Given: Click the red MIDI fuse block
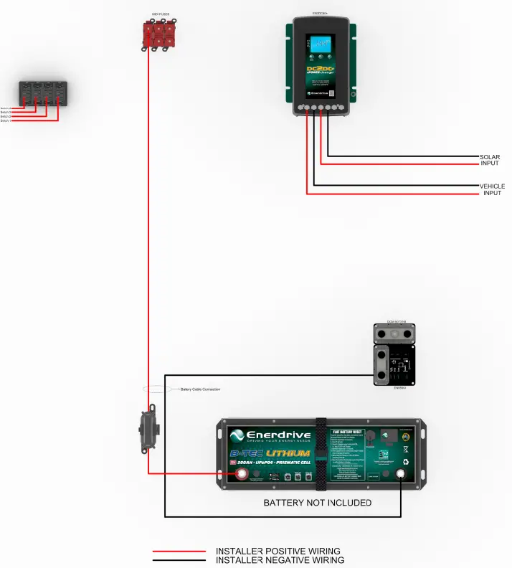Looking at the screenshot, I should click(x=157, y=35).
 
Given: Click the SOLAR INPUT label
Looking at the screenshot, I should click(x=490, y=160).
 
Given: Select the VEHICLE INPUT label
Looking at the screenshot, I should click(x=492, y=189).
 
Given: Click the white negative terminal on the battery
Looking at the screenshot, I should click(x=401, y=474).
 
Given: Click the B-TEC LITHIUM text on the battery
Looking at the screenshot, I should click(x=270, y=453).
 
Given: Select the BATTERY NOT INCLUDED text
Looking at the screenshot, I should click(x=317, y=503).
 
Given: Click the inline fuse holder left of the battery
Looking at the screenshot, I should click(x=148, y=430).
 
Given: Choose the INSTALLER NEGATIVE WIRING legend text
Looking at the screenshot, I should click(x=280, y=560).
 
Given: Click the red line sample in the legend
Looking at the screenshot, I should click(x=179, y=552).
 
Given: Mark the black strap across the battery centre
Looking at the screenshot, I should click(x=321, y=453).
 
